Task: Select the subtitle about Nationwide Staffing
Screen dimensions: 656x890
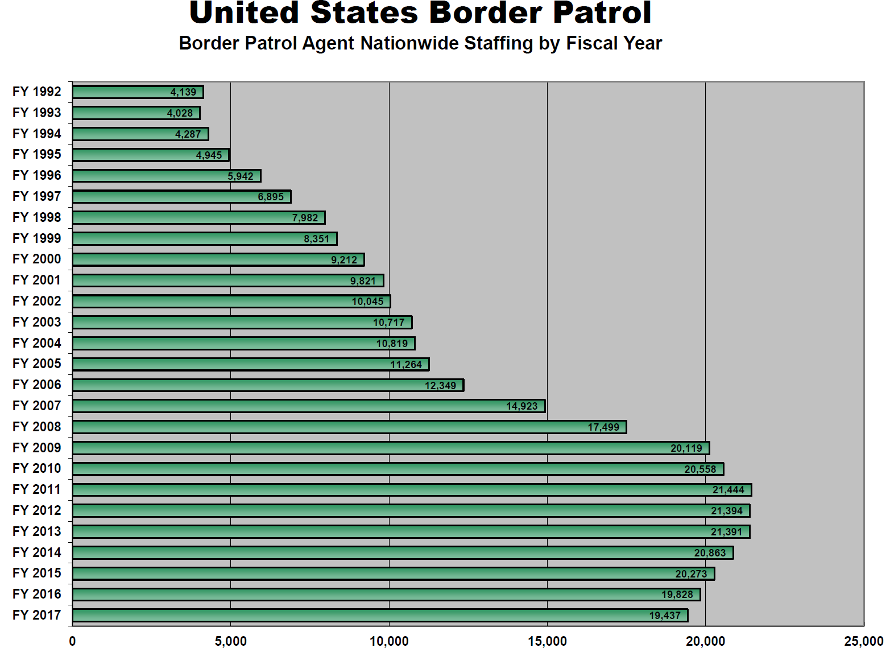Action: (x=420, y=43)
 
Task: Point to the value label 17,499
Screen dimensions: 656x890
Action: (x=603, y=427)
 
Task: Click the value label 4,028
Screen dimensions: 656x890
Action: (x=180, y=113)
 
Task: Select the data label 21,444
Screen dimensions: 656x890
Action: (x=728, y=490)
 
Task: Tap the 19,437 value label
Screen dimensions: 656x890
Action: (x=665, y=616)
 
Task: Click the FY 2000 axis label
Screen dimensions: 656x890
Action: (x=36, y=259)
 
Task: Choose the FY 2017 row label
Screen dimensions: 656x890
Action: (x=36, y=615)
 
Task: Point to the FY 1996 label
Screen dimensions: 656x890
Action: (x=36, y=175)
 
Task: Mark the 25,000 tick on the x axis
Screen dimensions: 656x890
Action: (x=863, y=642)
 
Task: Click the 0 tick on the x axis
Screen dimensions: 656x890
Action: (x=72, y=642)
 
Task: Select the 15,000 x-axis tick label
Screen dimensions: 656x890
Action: (x=547, y=642)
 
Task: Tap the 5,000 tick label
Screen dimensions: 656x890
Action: (x=230, y=642)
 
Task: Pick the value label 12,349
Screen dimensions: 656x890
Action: (x=440, y=386)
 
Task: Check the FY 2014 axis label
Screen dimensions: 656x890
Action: (x=36, y=552)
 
